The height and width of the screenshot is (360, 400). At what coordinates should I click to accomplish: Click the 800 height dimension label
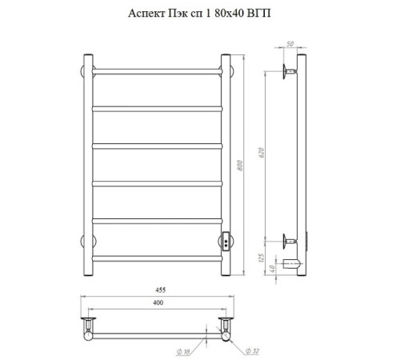(x=240, y=166)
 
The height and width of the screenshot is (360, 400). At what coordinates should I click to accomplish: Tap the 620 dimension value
(x=262, y=153)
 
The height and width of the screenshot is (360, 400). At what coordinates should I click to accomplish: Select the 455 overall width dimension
(x=161, y=290)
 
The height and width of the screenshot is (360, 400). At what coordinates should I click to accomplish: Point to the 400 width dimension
(x=158, y=302)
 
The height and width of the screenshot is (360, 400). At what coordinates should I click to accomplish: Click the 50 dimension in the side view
(x=290, y=44)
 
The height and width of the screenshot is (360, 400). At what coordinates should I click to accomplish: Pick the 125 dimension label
(x=262, y=258)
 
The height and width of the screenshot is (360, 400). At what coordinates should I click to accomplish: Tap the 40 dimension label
(x=272, y=269)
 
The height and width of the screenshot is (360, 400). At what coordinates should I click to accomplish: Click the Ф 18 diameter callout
(x=183, y=352)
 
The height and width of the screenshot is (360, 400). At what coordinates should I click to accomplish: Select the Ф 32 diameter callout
(x=252, y=351)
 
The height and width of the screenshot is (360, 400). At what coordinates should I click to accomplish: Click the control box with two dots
(x=226, y=242)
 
